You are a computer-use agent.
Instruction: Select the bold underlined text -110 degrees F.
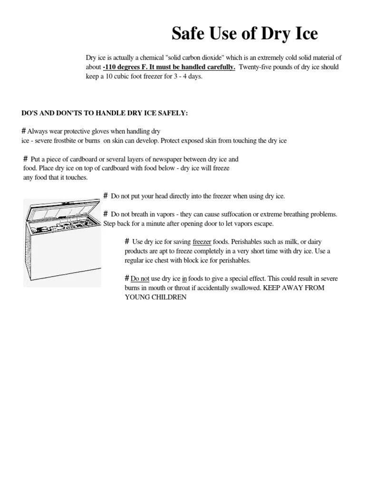point(128,67)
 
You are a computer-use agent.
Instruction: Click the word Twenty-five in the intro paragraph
point(256,67)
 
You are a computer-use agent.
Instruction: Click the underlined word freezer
point(202,242)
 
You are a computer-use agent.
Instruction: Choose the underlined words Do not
point(140,278)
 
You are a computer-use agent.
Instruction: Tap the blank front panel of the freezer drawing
point(67,259)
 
